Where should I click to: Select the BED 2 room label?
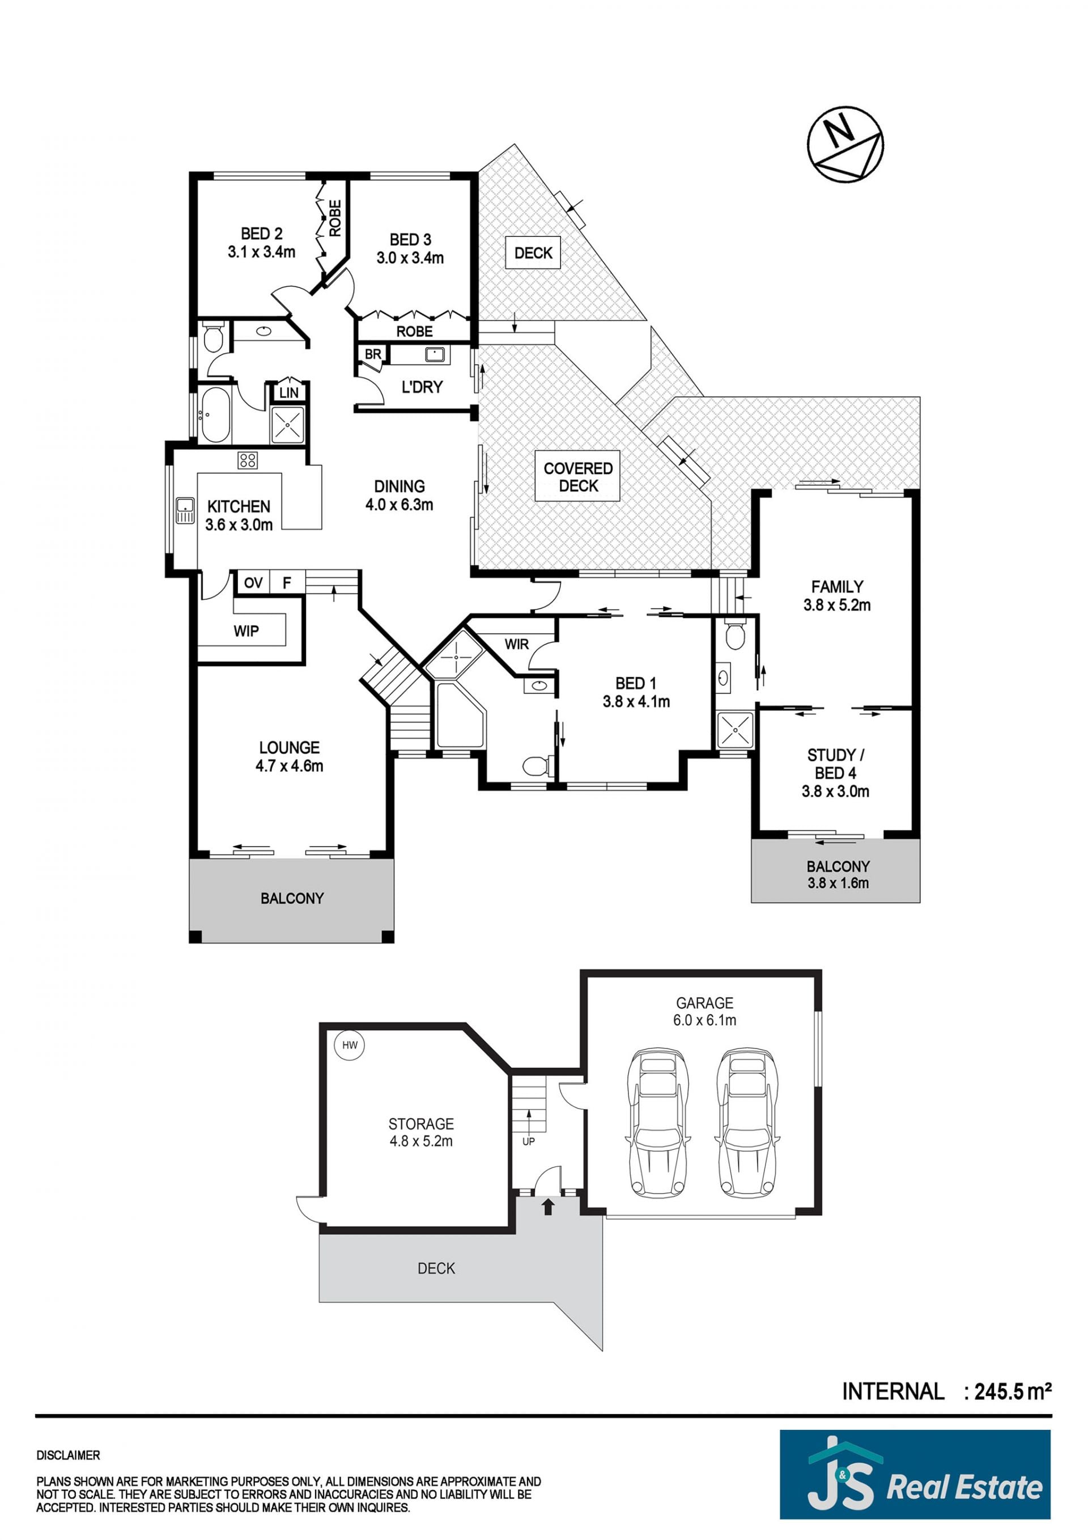(x=261, y=243)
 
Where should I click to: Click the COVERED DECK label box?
(x=577, y=476)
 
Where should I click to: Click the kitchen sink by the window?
(x=184, y=510)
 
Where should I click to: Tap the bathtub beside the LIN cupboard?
(x=215, y=414)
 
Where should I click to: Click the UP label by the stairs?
(x=528, y=1141)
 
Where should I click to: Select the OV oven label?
(x=253, y=582)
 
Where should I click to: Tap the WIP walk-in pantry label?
(x=246, y=631)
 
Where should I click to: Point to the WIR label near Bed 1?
(x=516, y=644)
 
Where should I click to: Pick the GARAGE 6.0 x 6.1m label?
(x=704, y=1012)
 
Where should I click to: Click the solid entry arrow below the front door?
(x=548, y=1207)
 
